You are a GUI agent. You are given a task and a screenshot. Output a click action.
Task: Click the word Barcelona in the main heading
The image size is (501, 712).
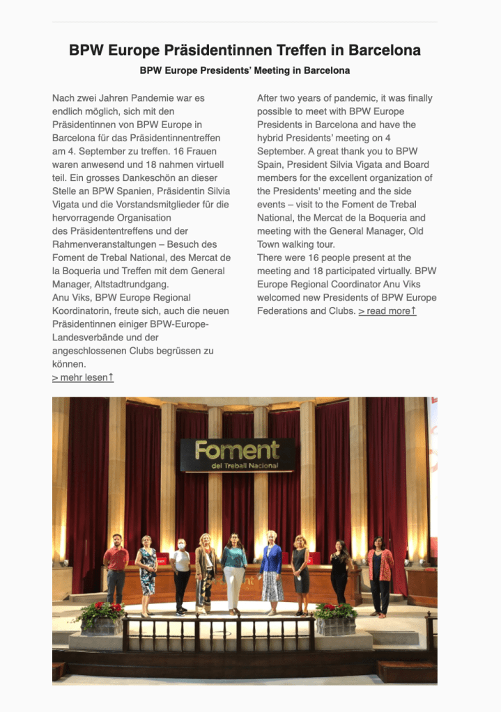tap(384, 51)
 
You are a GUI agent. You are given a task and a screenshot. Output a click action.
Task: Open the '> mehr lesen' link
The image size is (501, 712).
tap(82, 377)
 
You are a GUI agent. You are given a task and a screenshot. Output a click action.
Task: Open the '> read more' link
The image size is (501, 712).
tap(387, 311)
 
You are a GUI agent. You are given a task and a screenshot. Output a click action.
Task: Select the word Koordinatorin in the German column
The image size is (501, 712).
tap(81, 310)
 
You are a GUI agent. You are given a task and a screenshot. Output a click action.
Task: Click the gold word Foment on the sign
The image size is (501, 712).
tap(237, 450)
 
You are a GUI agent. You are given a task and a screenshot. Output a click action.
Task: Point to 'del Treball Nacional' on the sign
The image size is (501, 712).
tap(244, 465)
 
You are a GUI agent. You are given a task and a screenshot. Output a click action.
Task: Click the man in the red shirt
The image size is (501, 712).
tap(116, 568)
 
